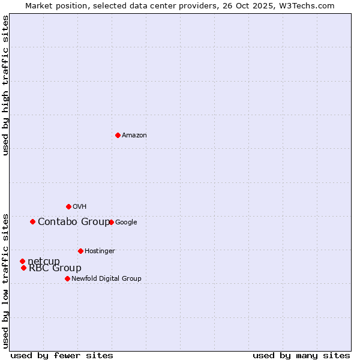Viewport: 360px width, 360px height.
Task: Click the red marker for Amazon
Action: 118,135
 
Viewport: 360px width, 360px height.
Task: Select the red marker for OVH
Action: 68,206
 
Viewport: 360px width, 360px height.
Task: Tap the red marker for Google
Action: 111,222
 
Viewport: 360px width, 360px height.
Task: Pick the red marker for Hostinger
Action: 80,251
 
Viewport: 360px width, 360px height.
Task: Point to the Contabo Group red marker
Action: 32,221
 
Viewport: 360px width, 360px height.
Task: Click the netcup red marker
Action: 22,261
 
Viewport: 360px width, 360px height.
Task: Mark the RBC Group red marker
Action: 23,268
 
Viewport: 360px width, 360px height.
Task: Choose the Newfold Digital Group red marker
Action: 67,278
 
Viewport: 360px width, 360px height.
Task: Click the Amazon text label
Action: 134,136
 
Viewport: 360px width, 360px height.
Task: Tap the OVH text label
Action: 80,207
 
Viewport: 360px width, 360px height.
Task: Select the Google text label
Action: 126,223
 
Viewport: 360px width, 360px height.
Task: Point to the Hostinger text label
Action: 100,251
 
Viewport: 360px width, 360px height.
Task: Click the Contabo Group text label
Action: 74,222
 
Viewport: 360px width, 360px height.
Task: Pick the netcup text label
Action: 44,261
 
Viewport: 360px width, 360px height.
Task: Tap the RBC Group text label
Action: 55,268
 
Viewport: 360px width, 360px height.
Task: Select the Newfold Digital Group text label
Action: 106,279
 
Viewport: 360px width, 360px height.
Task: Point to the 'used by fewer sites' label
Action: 62,355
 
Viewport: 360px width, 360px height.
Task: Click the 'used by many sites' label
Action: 301,355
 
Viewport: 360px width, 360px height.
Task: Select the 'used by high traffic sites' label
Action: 6,86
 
